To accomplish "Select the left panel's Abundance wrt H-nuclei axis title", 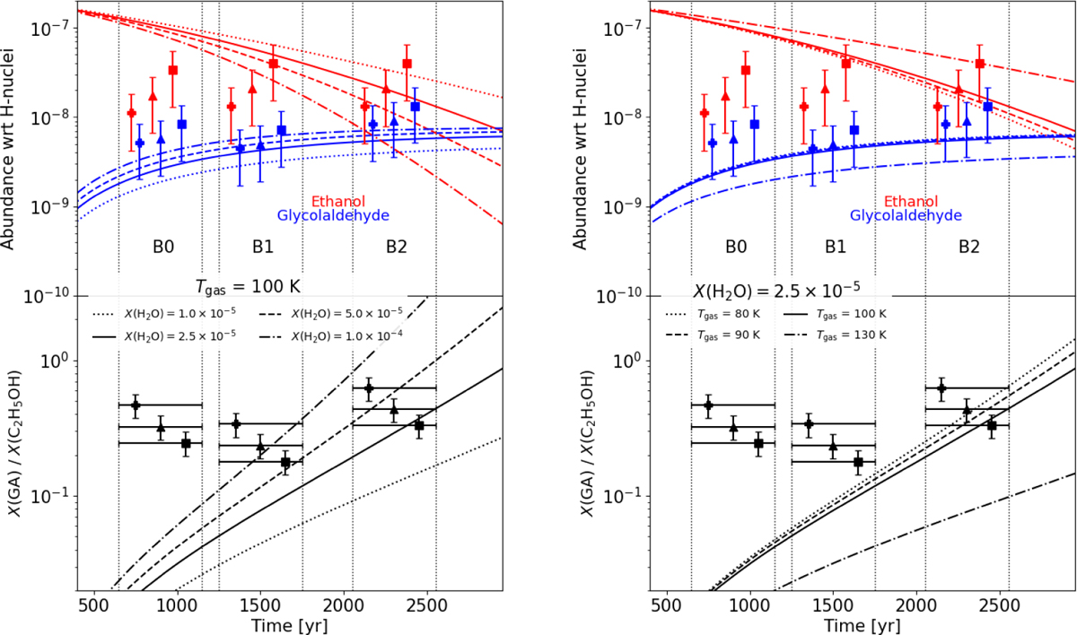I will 13,149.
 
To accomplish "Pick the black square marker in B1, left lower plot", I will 286,462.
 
